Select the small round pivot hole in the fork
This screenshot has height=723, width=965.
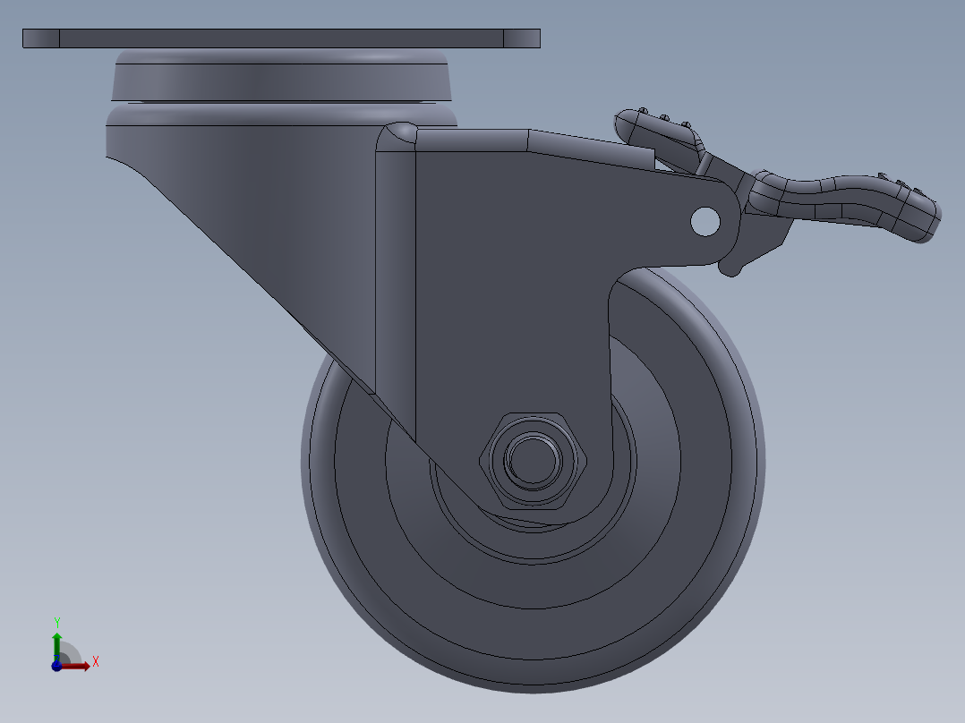pyautogui.click(x=705, y=221)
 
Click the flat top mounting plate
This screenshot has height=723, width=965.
pyautogui.click(x=281, y=38)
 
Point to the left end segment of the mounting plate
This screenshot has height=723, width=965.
pyautogui.click(x=40, y=38)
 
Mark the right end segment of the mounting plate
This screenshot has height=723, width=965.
pyautogui.click(x=522, y=38)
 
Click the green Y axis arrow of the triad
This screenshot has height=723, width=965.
pyautogui.click(x=57, y=642)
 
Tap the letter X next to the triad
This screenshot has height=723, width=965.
pyautogui.click(x=95, y=662)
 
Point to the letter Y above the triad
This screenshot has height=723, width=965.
pyautogui.click(x=57, y=622)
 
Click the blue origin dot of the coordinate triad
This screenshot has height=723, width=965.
pyautogui.click(x=56, y=666)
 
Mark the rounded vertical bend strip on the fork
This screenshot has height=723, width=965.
pyautogui.click(x=395, y=268)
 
